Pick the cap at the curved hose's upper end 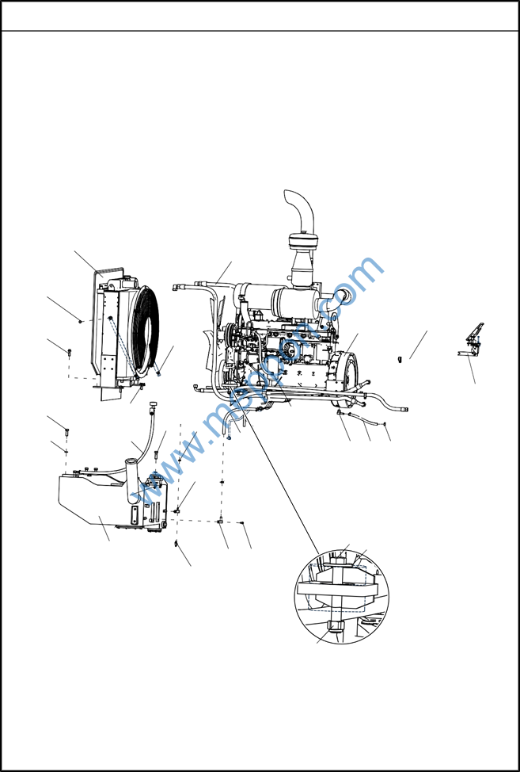tap(151, 407)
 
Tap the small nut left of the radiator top tap(82, 321)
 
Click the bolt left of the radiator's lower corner tap(70, 351)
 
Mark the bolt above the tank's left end tap(66, 433)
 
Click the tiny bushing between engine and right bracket tap(400, 360)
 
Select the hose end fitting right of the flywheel tap(405, 409)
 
